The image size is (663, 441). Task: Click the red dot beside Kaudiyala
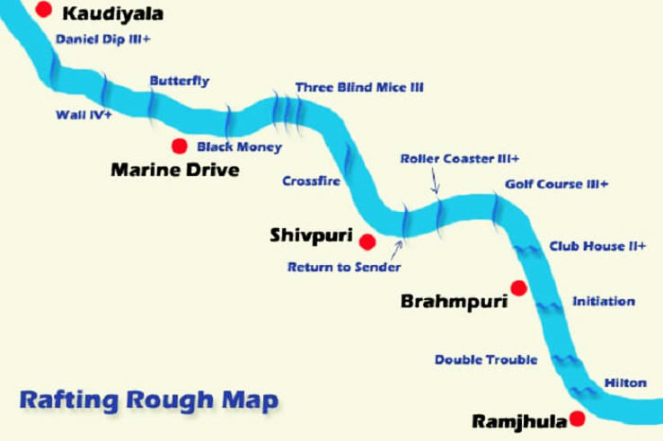(x=42, y=10)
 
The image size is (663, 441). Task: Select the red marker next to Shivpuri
(x=367, y=241)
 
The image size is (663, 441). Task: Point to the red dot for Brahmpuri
(x=517, y=287)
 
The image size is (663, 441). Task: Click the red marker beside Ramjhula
(x=577, y=419)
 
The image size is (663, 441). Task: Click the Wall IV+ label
(x=83, y=115)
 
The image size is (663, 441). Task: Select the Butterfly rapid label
(x=180, y=81)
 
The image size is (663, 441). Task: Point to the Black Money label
(x=239, y=146)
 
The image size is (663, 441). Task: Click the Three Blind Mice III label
(x=359, y=88)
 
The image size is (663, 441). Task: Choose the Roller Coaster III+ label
(x=459, y=158)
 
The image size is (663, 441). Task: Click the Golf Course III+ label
(x=556, y=184)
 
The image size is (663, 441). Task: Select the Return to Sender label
(x=344, y=267)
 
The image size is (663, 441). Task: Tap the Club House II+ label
(x=597, y=246)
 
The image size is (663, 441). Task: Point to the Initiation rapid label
(x=604, y=302)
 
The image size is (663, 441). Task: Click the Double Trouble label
(x=486, y=359)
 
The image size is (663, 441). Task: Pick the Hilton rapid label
(x=625, y=383)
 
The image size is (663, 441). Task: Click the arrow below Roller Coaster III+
(x=436, y=182)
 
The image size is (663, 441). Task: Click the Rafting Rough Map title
(x=149, y=400)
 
